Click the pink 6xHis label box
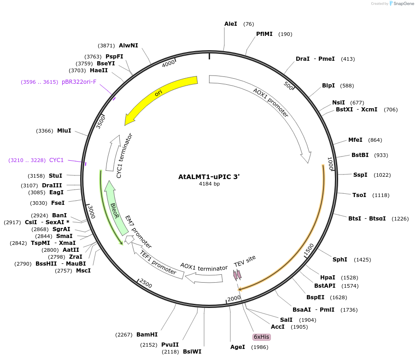coord(262,337)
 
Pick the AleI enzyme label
coord(231,23)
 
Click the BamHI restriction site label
coord(147,335)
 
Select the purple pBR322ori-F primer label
coord(79,82)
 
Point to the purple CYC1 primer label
coord(57,160)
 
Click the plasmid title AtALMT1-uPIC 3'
coord(209,176)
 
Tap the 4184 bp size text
coord(209,184)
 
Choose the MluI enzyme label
coord(64,131)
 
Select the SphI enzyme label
coord(340,260)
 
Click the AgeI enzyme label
coord(238,347)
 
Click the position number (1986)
coord(260,347)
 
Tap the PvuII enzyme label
coord(170,344)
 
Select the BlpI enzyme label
coord(328,86)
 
